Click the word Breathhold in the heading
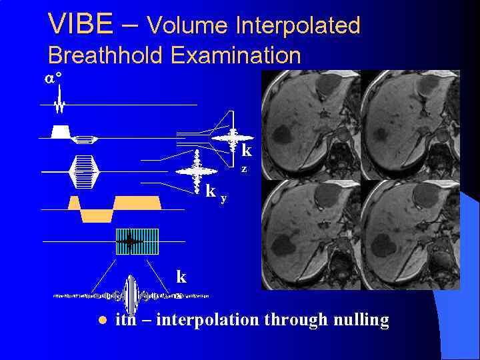[x=106, y=55]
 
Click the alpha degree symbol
[x=53, y=78]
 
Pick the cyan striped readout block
[x=137, y=241]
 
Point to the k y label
[x=215, y=193]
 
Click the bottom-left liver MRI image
[x=310, y=235]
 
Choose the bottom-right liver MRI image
[x=410, y=235]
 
